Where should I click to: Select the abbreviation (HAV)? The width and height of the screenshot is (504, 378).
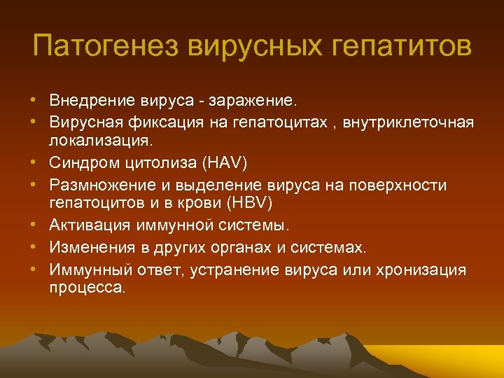tap(224, 162)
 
